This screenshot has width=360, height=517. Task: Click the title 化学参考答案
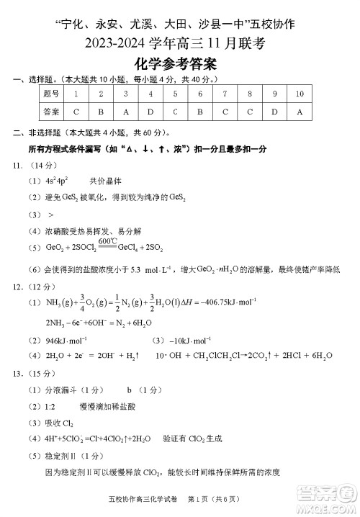pos(180,65)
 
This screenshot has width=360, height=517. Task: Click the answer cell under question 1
pos(76,112)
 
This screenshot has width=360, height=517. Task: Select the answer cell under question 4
pos(150,112)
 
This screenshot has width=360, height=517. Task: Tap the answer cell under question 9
pos(274,112)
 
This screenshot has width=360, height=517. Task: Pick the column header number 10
pos(300,94)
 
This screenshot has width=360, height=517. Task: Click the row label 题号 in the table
pos(50,94)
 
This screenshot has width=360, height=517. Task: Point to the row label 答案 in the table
pos(50,112)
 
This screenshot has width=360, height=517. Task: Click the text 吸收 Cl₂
pos(59,422)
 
